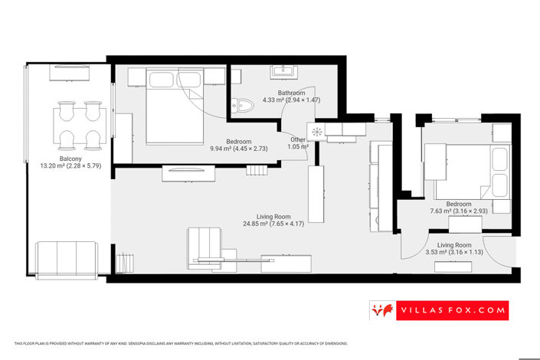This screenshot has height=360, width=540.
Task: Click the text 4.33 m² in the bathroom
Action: pos(274,100)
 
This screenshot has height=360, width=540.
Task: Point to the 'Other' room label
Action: pos(298,139)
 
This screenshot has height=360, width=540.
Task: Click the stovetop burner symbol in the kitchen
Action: pos(316,131)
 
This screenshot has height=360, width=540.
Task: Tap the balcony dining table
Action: pos(79,126)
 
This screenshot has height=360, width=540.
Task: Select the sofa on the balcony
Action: pos(65,259)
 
